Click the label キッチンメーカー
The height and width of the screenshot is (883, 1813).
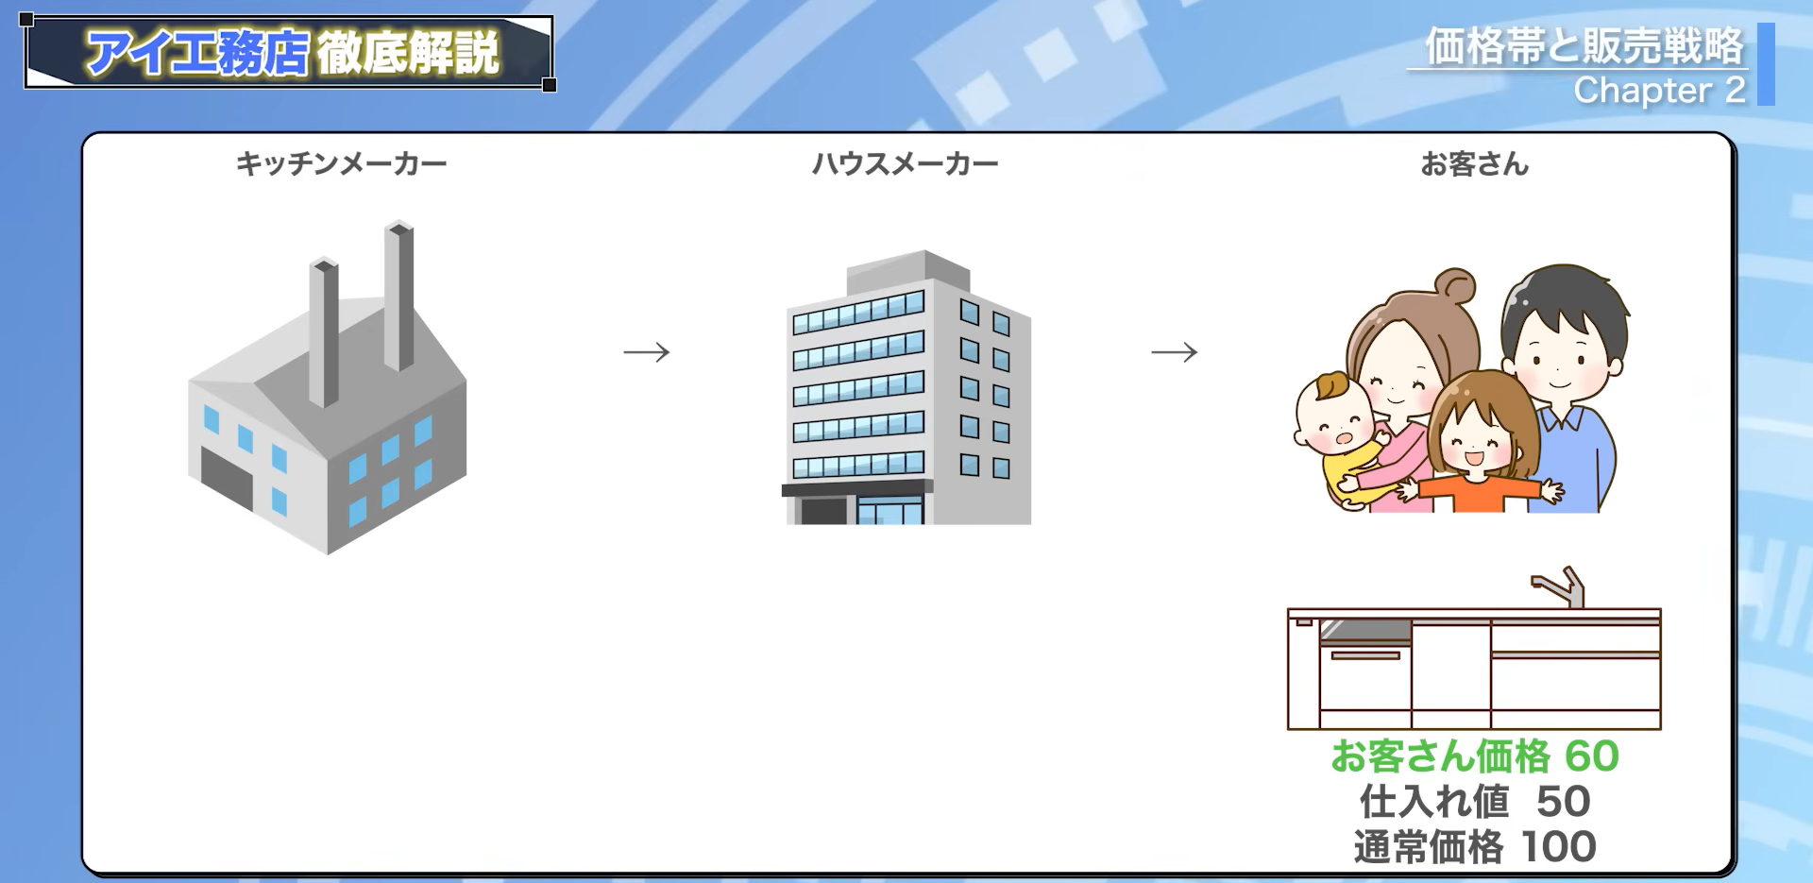pos(341,164)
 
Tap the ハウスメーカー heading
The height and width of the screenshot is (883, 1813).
pos(905,164)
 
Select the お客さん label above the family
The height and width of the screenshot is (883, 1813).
pos(1474,164)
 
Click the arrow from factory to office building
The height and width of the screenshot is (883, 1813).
pos(647,352)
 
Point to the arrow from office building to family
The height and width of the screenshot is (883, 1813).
pos(1175,352)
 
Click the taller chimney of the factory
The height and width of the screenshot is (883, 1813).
pos(399,296)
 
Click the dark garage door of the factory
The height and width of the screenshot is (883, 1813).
pos(227,479)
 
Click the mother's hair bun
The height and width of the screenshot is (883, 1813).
pos(1455,285)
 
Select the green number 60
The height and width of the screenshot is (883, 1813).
pos(1592,756)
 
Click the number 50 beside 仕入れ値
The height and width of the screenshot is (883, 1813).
pos(1564,801)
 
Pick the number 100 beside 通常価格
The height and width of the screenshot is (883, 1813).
pos(1559,846)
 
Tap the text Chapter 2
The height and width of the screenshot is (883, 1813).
pos(1659,91)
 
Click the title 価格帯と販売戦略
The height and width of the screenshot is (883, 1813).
pos(1584,46)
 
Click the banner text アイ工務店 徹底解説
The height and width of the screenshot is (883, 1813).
pos(292,52)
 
